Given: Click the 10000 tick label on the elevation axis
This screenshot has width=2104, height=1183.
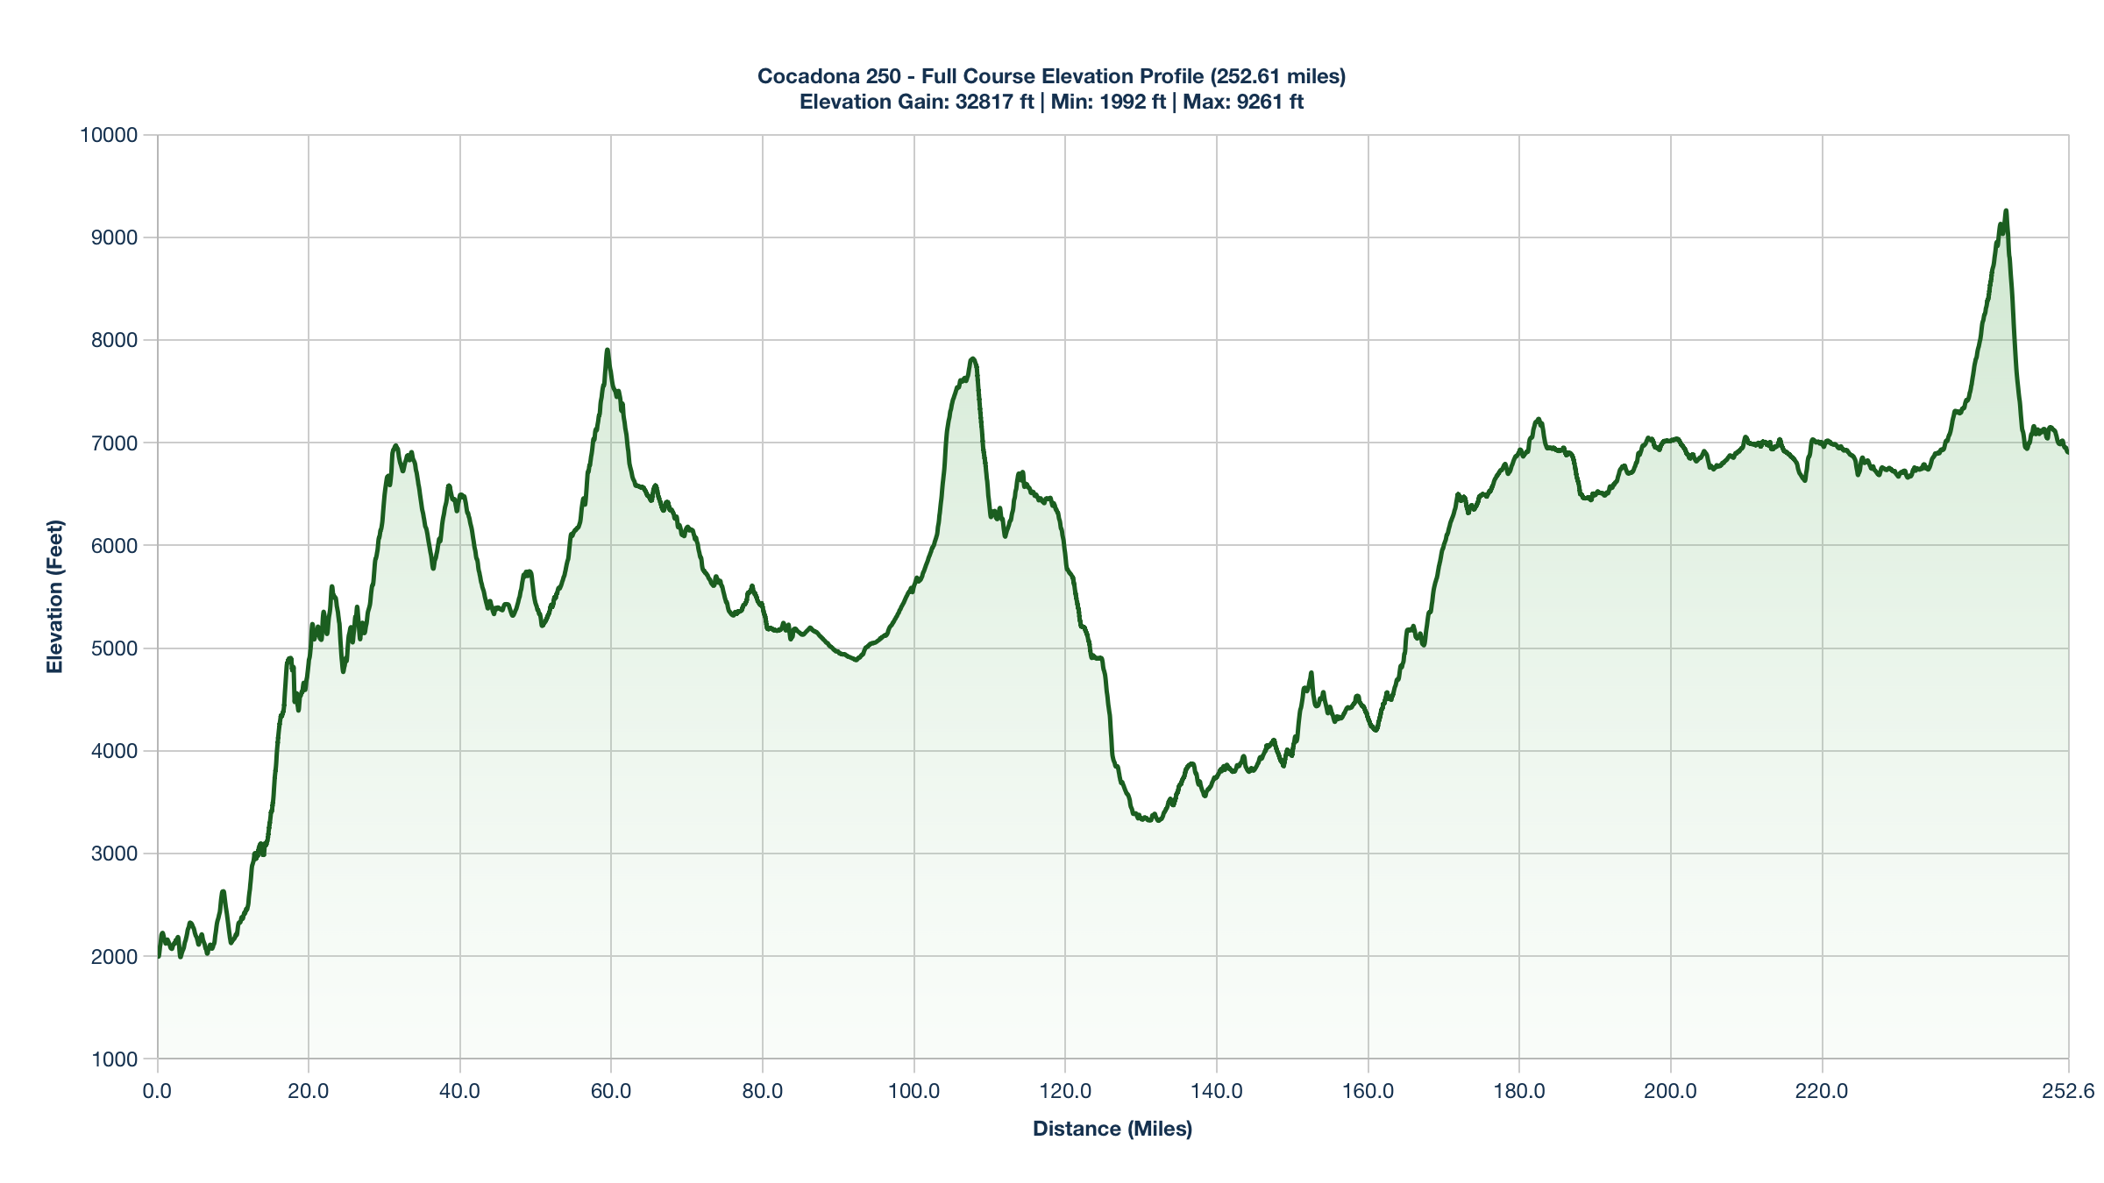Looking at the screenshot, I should click(109, 135).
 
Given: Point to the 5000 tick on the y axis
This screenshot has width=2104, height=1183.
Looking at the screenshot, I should click(114, 648).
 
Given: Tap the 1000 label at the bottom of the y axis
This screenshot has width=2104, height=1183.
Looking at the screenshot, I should click(114, 1059).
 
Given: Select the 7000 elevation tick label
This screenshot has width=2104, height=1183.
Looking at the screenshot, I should click(114, 443).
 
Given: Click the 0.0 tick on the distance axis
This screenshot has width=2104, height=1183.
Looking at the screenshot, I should click(158, 1092).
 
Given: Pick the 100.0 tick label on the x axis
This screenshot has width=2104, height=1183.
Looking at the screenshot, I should click(914, 1092).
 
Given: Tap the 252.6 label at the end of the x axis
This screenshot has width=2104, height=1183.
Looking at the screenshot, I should click(2067, 1092).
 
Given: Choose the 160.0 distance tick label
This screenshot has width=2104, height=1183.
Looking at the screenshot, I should click(1368, 1092).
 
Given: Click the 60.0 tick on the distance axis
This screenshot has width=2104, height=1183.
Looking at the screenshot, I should click(611, 1092).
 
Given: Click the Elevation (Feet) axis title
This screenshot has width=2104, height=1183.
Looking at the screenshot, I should click(55, 597).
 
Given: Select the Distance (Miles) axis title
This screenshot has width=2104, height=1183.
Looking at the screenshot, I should click(1112, 1129).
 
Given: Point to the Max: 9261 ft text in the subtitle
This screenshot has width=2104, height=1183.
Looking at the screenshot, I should click(1243, 102).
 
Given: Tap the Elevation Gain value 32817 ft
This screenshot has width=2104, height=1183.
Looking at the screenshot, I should click(995, 102).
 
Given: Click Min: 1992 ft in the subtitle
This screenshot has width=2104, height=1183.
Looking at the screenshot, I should click(1108, 102).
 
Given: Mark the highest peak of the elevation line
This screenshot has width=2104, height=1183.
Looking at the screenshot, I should click(2006, 211).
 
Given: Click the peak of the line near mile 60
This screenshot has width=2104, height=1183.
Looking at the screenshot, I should click(607, 351).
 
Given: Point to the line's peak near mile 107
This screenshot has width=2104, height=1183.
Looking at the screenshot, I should click(972, 358).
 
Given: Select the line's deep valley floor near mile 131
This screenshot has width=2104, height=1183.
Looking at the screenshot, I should click(1158, 820).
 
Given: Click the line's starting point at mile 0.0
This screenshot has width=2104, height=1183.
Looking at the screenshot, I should click(159, 956).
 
